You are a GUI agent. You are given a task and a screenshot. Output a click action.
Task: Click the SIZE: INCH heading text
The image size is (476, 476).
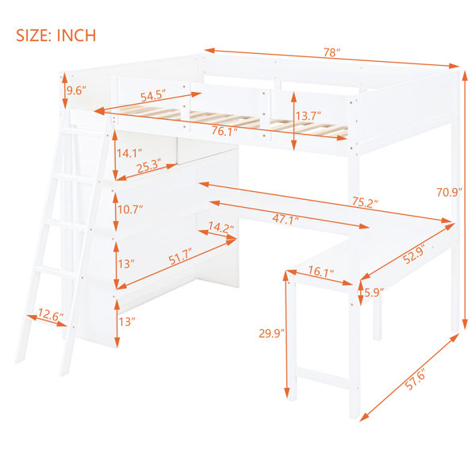click(56, 36)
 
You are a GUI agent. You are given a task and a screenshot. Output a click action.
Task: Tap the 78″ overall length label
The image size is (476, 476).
click(331, 52)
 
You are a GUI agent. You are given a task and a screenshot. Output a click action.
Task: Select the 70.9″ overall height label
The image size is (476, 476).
click(449, 192)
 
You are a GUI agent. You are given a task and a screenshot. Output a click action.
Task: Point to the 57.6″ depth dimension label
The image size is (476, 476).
click(415, 378)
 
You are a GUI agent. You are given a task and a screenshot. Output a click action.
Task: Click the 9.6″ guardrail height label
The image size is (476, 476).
click(76, 90)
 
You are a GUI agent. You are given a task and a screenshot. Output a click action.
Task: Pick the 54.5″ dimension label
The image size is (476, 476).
click(153, 95)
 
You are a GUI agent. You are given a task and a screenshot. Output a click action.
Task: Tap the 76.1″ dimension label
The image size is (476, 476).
click(225, 131)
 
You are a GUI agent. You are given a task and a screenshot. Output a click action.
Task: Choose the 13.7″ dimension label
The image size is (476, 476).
click(308, 116)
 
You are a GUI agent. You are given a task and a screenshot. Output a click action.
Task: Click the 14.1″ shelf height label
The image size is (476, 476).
click(129, 153)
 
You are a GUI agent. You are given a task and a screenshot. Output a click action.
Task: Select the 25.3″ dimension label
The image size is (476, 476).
click(149, 166)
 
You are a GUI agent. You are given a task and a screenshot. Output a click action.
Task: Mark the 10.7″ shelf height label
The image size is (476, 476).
click(130, 209)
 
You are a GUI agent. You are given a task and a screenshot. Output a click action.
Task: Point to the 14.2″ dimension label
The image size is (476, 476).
click(221, 227)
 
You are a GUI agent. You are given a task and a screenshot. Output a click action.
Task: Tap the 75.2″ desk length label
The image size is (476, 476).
click(366, 202)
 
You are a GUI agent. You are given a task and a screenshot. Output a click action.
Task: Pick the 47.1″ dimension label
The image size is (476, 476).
click(286, 219)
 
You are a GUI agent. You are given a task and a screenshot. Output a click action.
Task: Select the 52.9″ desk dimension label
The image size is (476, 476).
click(414, 254)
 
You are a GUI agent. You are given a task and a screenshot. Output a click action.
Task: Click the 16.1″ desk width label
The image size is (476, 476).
click(321, 271)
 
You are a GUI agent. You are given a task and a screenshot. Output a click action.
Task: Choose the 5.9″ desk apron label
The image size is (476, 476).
click(374, 293)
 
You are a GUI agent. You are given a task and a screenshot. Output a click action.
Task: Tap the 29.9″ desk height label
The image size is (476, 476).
click(271, 333)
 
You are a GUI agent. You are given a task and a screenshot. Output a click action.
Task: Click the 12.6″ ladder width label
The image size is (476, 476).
click(51, 316)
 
